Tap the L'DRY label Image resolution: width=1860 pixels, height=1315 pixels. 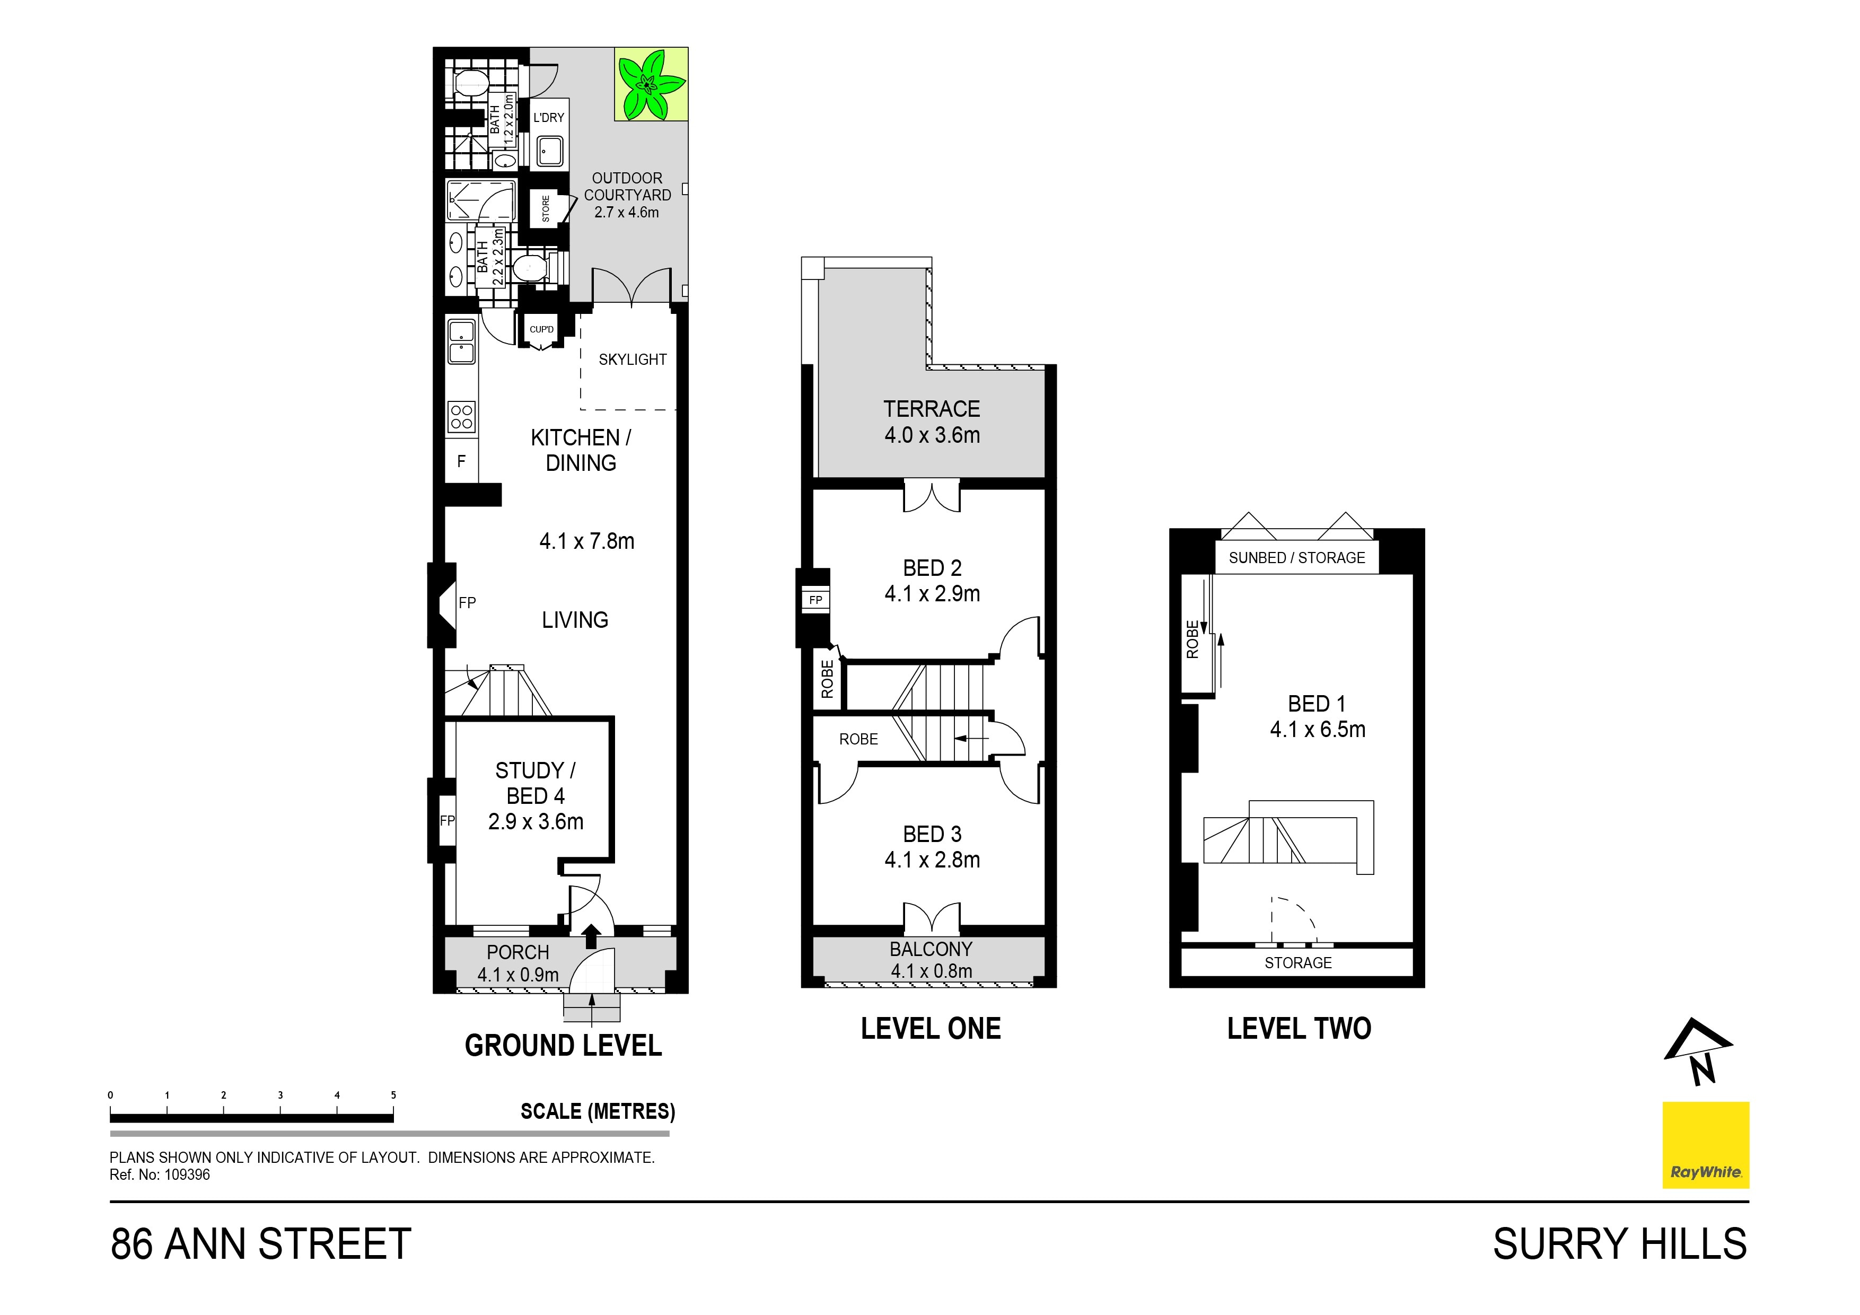coord(548,118)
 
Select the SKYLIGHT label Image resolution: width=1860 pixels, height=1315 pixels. coord(632,359)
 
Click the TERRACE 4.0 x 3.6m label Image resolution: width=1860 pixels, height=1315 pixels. coord(932,422)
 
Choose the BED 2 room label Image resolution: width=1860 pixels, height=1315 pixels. coord(932,568)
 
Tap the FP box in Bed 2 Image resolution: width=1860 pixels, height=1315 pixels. coord(816,600)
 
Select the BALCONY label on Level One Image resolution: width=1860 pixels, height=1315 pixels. coord(931,949)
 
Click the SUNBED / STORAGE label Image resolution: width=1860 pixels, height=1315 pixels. coord(1296,557)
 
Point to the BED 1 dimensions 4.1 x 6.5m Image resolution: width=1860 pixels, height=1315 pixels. coord(1317,729)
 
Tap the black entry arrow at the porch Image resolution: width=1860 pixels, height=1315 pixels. coord(591,936)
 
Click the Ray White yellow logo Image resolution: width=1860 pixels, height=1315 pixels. coord(1705,1145)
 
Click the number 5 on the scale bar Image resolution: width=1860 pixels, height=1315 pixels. coord(394,1094)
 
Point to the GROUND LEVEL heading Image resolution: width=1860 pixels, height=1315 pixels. coord(563,1045)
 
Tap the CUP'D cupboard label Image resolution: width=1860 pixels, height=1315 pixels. coord(541,329)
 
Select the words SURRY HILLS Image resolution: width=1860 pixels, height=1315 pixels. coord(1619,1244)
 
